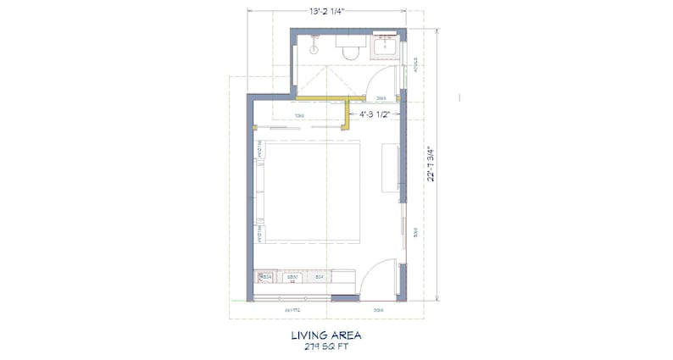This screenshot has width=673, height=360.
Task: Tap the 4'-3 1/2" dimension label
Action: tap(374, 114)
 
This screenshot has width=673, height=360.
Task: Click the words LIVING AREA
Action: tap(326, 335)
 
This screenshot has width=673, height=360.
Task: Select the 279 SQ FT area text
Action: tap(326, 346)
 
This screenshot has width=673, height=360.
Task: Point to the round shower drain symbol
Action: tap(313, 50)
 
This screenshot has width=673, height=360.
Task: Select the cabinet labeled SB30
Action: tap(292, 277)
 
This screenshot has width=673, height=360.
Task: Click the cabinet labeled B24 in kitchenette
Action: tap(320, 277)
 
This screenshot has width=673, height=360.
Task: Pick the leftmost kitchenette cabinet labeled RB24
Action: tap(264, 277)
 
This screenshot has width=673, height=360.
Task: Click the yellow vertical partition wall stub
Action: tap(348, 115)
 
